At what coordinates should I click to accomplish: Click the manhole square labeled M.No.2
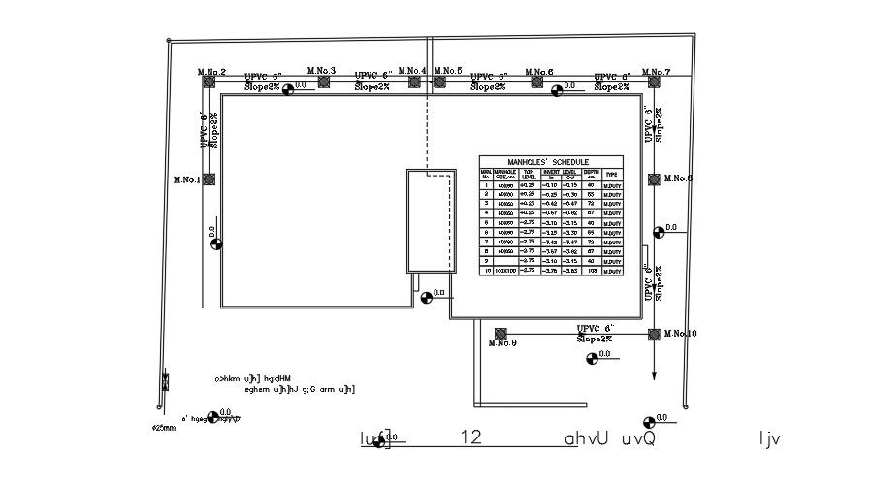209,82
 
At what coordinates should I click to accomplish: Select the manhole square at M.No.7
655,82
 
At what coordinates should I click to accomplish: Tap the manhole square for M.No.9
500,334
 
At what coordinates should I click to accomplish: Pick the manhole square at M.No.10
655,334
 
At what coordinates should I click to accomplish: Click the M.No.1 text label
186,179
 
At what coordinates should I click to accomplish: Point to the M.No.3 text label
321,71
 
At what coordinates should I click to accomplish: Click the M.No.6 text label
539,72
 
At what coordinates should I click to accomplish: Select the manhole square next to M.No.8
655,179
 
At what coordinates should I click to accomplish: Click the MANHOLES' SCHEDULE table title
550,162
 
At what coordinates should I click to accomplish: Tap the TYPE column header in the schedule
611,174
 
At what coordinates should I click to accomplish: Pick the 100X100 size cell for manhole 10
505,270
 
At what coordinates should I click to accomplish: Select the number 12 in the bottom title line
471,438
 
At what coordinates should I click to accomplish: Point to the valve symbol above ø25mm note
165,382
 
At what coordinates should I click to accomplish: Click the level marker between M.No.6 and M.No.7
557,91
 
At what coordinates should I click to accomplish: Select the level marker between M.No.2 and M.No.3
288,90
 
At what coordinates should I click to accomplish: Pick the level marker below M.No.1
216,243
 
